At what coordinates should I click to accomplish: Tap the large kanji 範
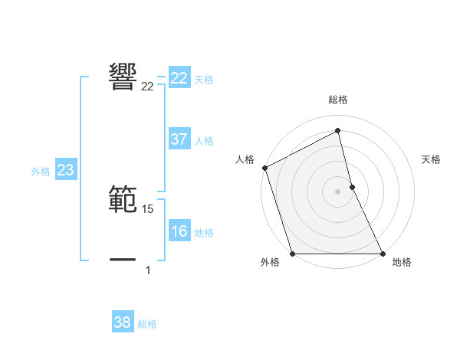(x=123, y=198)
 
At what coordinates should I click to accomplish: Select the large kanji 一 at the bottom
(x=123, y=260)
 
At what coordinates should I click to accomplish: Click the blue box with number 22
(x=179, y=78)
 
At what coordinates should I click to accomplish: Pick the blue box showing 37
(x=179, y=139)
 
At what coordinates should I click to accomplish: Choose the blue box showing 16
(x=179, y=231)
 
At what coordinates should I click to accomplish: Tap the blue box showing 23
(x=65, y=170)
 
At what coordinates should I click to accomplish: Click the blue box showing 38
(x=123, y=322)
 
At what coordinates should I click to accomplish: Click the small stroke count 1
(x=148, y=270)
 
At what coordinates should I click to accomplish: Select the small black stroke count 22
(x=147, y=86)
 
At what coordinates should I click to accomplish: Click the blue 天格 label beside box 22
(x=204, y=79)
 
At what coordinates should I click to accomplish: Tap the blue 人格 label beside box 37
(x=204, y=141)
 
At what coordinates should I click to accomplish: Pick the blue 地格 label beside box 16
(x=204, y=233)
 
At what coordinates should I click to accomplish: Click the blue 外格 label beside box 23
(x=41, y=172)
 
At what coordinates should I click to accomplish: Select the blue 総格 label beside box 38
(x=147, y=324)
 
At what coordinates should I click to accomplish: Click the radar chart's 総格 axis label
(x=338, y=100)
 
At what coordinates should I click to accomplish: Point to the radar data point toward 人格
(x=264, y=168)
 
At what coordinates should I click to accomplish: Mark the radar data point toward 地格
(x=383, y=254)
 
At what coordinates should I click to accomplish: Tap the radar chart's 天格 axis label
(x=432, y=159)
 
